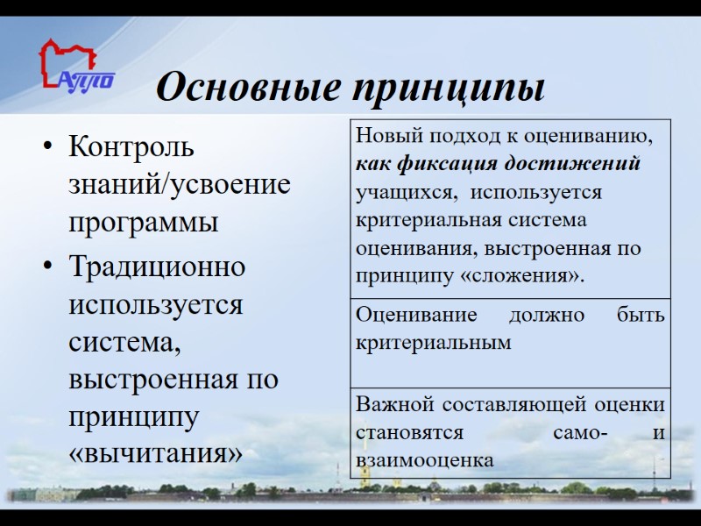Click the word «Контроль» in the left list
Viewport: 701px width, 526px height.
tap(131, 146)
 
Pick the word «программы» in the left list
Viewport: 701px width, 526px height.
tap(143, 223)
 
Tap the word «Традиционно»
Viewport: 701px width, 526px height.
tap(157, 266)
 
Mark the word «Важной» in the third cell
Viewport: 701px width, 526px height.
tap(395, 405)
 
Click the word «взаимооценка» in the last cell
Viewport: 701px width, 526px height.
tap(424, 459)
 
